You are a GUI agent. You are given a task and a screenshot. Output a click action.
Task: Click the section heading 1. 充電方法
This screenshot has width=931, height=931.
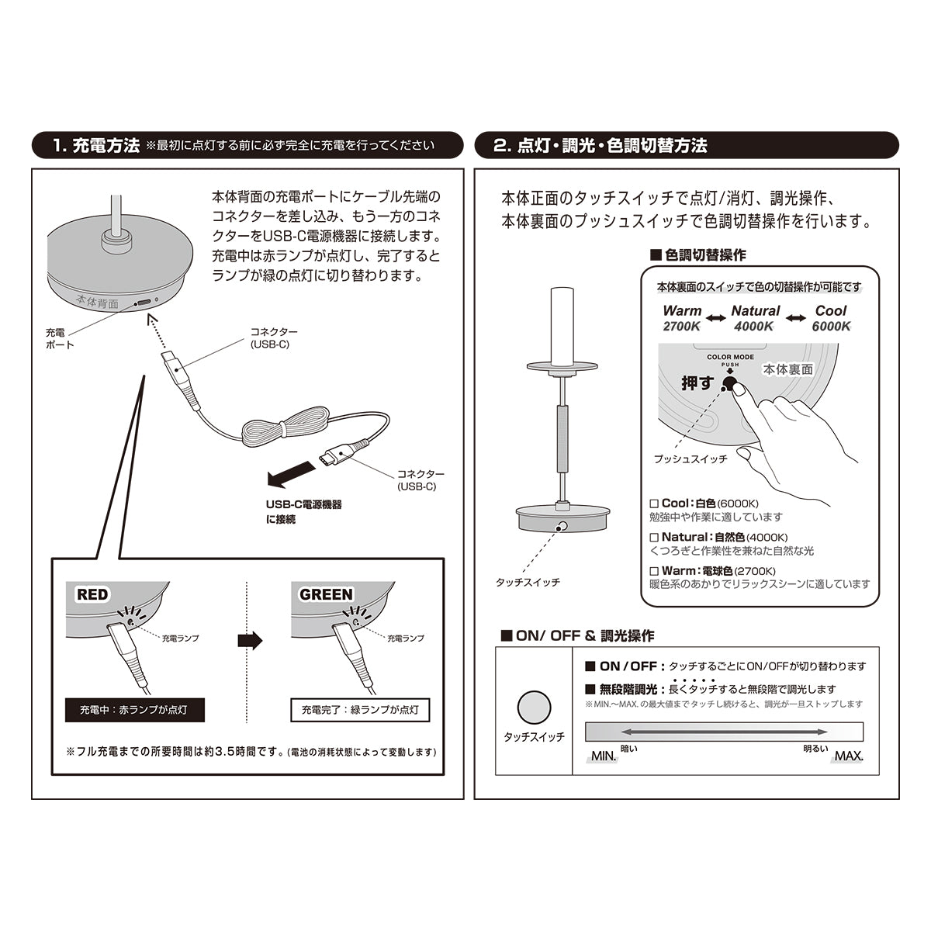tap(95, 145)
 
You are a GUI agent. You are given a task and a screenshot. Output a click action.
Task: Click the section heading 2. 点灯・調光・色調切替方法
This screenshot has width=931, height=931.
tap(600, 145)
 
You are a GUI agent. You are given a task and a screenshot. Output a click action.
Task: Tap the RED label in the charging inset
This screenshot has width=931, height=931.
tap(92, 595)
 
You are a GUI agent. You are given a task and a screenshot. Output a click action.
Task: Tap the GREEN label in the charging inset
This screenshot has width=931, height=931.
tap(326, 595)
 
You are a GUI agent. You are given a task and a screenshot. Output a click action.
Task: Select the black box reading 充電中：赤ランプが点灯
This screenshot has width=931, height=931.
tap(134, 709)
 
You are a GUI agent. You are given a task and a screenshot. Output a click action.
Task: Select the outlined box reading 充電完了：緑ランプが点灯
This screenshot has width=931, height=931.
tap(360, 709)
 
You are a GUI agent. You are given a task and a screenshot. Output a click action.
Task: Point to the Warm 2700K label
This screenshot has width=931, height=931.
tap(682, 318)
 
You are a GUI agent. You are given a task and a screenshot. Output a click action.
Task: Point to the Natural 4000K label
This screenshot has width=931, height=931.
tap(755, 318)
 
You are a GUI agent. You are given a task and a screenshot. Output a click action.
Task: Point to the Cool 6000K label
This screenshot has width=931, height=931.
tap(831, 318)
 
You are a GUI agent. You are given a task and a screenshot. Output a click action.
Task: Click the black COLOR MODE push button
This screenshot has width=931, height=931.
tap(729, 381)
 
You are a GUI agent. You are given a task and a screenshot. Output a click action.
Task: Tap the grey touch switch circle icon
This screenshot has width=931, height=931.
tap(534, 707)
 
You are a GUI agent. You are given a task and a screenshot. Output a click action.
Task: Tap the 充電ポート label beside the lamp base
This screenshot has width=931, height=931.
tap(60, 338)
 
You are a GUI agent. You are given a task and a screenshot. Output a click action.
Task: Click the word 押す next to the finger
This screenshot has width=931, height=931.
tap(697, 383)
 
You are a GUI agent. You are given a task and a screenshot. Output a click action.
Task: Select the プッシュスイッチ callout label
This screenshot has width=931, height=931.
tap(690, 459)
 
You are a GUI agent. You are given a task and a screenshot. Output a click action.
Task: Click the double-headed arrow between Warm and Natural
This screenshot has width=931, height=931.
tap(716, 318)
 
